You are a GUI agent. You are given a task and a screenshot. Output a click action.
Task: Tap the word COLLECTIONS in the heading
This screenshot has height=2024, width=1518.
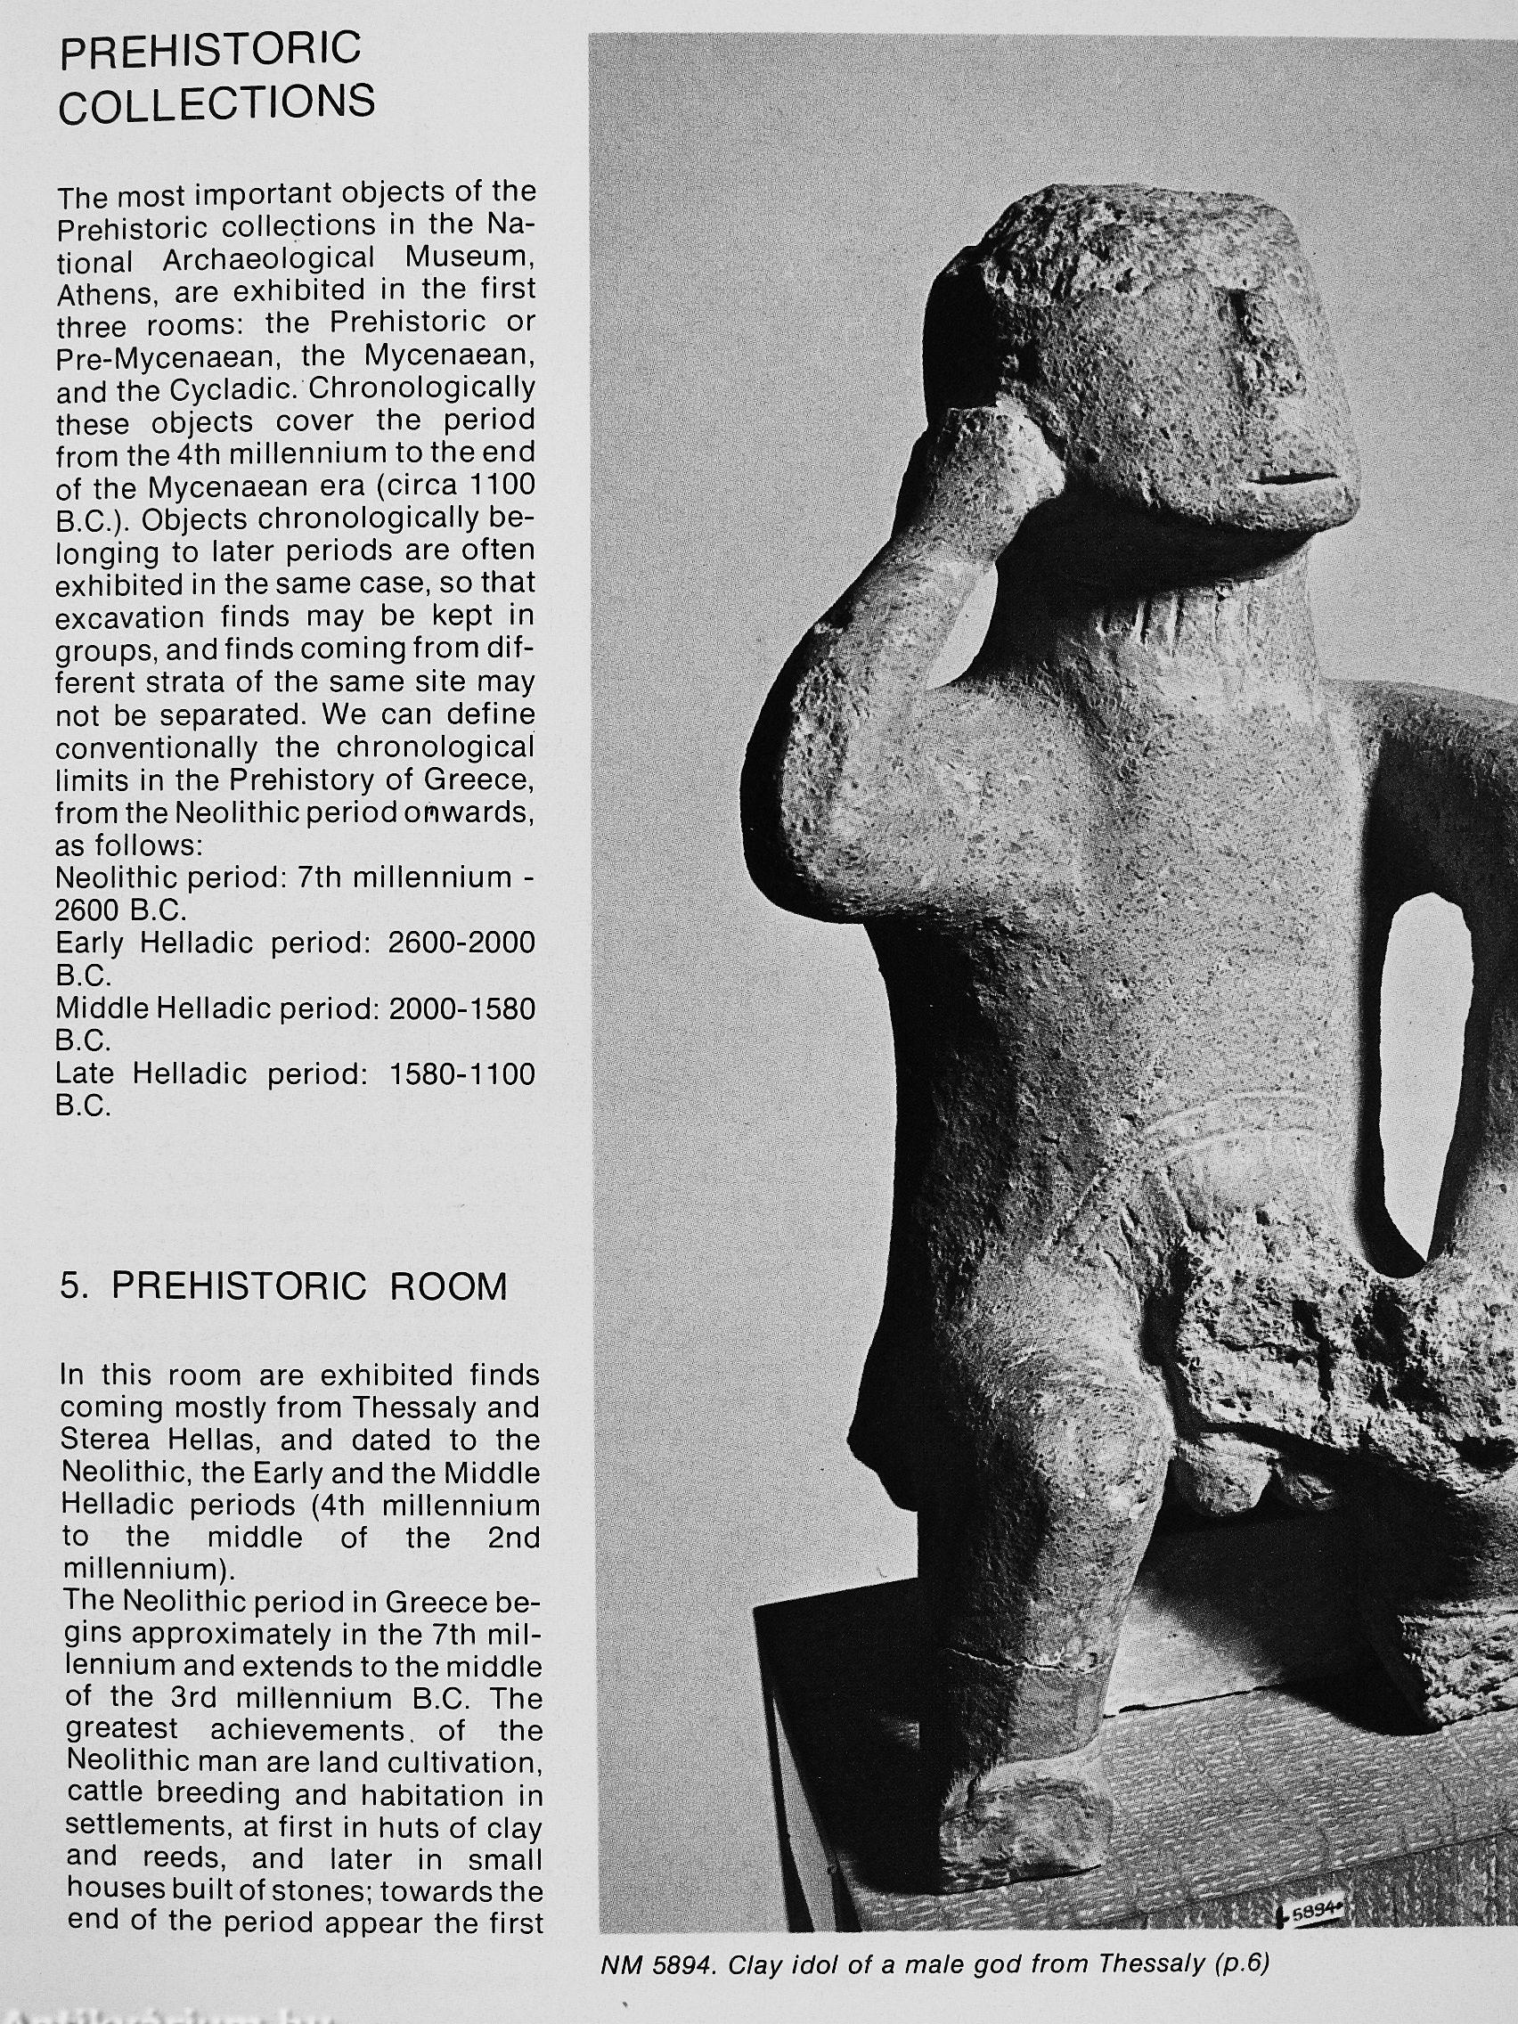click(x=216, y=104)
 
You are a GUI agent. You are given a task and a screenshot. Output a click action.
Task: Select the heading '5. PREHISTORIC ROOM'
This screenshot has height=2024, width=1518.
click(x=282, y=1286)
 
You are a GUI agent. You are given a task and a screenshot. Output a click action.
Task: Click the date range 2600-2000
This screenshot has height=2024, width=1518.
click(x=461, y=943)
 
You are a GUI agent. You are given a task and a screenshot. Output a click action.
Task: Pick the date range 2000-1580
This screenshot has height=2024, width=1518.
click(x=461, y=1008)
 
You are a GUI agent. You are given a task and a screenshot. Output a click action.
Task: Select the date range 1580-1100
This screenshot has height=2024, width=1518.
click(x=461, y=1073)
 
